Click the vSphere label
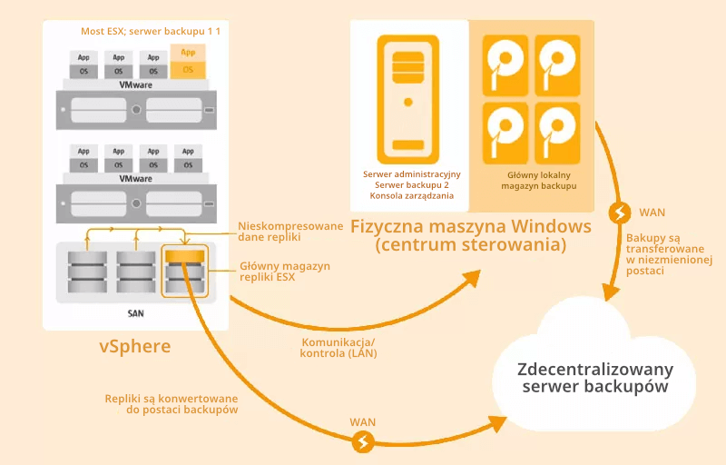click(x=135, y=347)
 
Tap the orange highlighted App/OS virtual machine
click(x=188, y=61)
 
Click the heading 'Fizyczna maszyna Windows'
click(x=471, y=225)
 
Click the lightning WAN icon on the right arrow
click(x=621, y=213)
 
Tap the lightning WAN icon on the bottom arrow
click(x=364, y=442)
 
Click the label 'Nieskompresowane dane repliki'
click(x=278, y=232)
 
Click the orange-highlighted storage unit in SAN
click(x=183, y=271)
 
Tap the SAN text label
click(x=136, y=312)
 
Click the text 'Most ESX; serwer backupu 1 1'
click(x=151, y=31)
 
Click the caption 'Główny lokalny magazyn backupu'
click(x=539, y=179)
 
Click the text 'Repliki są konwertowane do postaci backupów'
click(x=172, y=404)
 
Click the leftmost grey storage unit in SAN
click(x=88, y=271)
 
